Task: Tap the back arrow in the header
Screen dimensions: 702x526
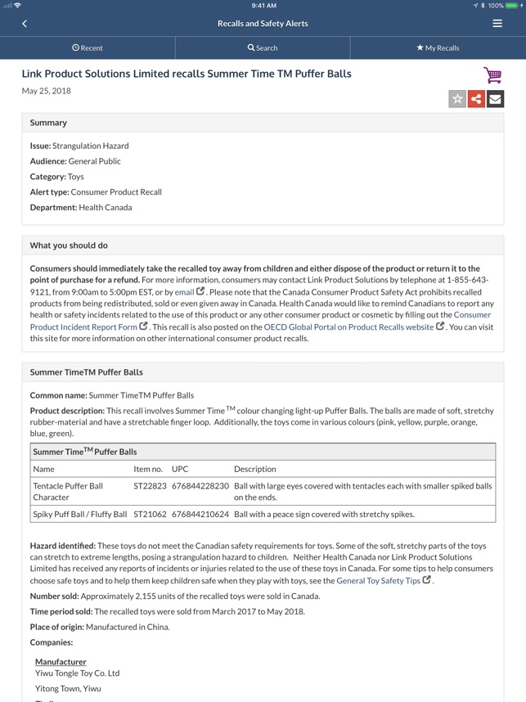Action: click(25, 24)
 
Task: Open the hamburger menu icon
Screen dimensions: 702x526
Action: click(497, 24)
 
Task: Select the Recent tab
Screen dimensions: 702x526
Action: click(88, 47)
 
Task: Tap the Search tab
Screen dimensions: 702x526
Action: click(263, 47)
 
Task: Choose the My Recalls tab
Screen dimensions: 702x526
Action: click(438, 47)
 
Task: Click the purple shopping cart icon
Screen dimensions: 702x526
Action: click(492, 76)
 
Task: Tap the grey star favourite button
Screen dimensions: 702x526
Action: click(457, 99)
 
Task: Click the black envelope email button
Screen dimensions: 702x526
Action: click(495, 99)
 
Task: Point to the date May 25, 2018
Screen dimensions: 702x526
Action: click(46, 91)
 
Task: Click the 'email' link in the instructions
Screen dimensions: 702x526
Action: click(184, 292)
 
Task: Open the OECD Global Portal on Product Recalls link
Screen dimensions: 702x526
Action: click(348, 327)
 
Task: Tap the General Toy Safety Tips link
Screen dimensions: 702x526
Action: click(379, 581)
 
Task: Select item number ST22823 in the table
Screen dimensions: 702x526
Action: click(150, 486)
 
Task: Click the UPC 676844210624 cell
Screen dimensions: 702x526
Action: click(200, 515)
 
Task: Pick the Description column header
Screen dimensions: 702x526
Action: click(254, 469)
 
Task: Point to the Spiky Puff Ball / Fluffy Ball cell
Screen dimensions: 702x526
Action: click(80, 515)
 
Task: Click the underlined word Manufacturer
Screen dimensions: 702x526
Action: click(61, 661)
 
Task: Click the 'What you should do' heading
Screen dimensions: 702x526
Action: click(69, 245)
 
